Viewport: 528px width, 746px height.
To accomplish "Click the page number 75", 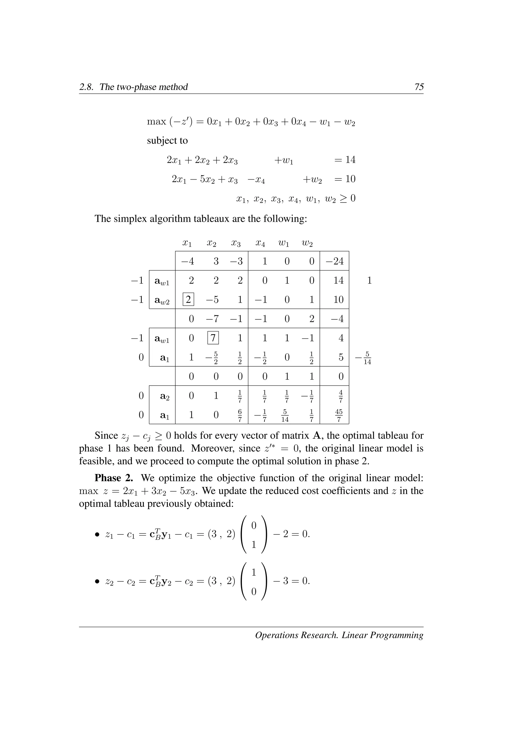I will coord(419,87).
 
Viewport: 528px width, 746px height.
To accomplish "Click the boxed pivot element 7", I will coord(213,338).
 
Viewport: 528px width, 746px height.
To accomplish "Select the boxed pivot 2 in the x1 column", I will coord(188,299).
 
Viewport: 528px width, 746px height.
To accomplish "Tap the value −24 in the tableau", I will coord(335,261).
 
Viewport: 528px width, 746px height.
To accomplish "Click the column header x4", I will coord(260,243).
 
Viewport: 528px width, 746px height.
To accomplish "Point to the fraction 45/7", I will coord(339,415).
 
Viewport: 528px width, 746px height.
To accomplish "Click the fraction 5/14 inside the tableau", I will coord(285,415).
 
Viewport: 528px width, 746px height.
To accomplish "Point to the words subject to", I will coord(167,141).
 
